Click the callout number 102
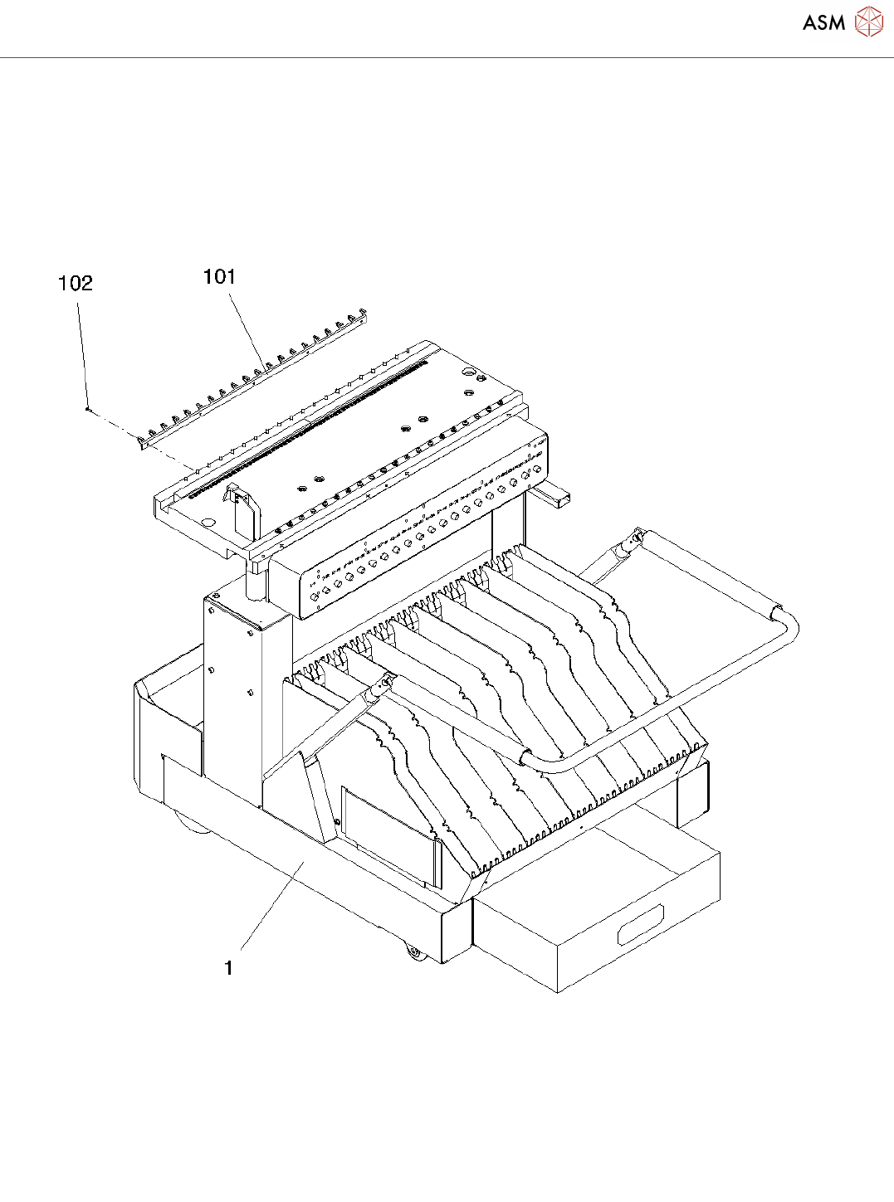point(76,284)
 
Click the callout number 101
point(219,277)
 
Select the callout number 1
point(228,967)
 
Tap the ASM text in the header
point(823,23)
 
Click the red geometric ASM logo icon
point(868,22)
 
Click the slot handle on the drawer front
point(640,925)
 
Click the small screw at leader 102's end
point(87,408)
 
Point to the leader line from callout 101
point(247,328)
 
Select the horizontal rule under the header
point(447,58)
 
